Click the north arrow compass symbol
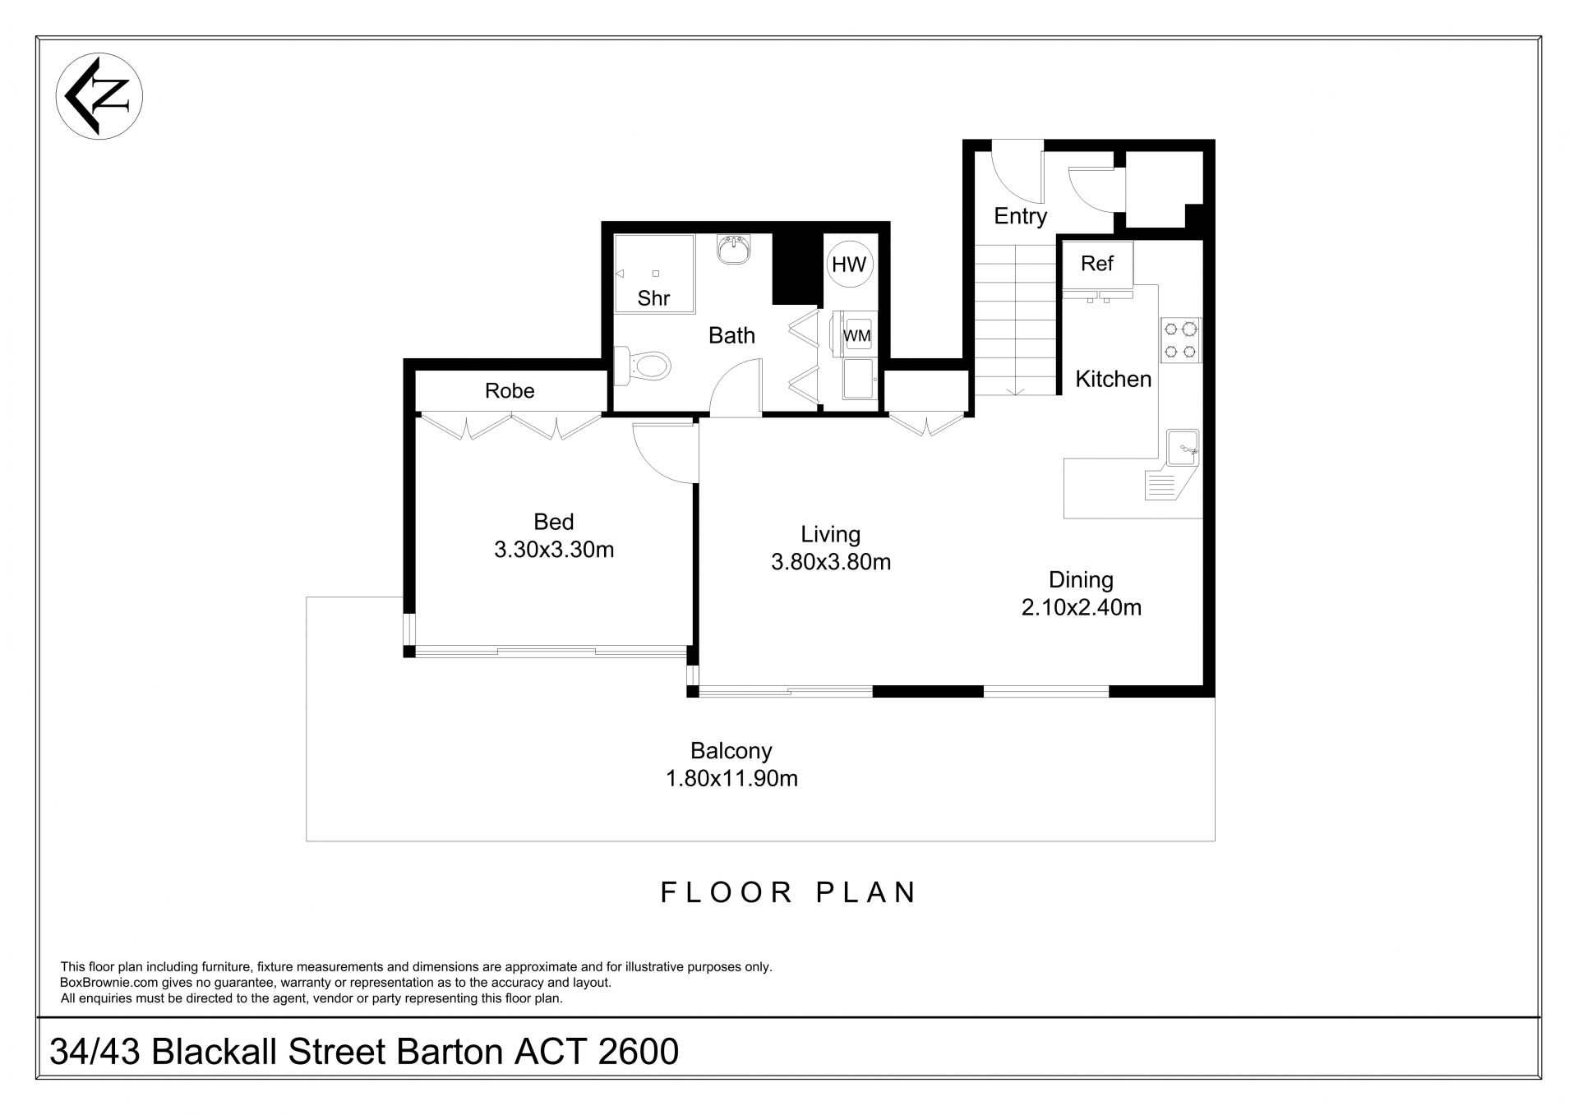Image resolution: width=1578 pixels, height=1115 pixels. (x=99, y=96)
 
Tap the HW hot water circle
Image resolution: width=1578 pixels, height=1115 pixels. (x=849, y=264)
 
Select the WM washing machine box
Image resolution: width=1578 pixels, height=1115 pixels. (x=856, y=335)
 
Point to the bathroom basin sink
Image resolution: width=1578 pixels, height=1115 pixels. (x=733, y=249)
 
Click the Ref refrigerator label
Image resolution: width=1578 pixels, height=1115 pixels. (x=1097, y=264)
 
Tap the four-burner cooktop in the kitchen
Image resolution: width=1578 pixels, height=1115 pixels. (x=1180, y=341)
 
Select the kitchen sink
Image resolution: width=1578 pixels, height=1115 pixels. (x=1182, y=449)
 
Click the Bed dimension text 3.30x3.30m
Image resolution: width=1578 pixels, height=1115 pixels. (x=554, y=550)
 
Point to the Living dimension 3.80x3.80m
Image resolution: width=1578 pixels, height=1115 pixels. (x=831, y=562)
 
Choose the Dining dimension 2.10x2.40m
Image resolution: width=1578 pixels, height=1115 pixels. (x=1082, y=607)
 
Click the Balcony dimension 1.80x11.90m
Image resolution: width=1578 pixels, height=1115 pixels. (x=731, y=778)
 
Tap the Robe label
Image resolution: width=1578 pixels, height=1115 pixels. (x=510, y=390)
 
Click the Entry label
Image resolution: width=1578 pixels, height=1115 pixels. (x=1021, y=217)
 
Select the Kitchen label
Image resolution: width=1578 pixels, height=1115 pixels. (x=1114, y=379)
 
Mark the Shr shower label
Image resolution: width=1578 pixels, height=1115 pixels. (x=653, y=298)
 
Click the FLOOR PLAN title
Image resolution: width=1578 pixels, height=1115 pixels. (x=789, y=892)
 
